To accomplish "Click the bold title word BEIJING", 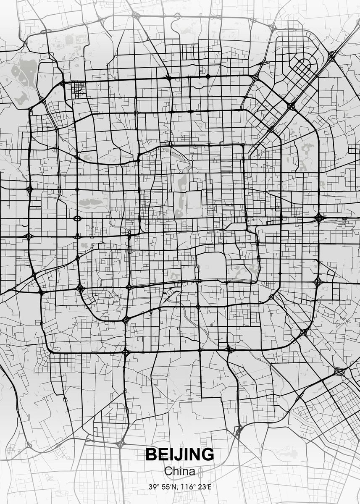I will [179, 454].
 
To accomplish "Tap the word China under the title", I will [179, 471].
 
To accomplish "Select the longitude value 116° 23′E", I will [197, 487].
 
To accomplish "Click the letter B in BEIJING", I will [151, 454].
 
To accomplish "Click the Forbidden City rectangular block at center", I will [194, 200].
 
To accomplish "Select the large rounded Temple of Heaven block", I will [211, 266].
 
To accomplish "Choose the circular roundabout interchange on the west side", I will [77, 218].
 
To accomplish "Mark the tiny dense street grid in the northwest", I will [78, 89].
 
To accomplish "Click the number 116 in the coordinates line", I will [188, 487].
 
